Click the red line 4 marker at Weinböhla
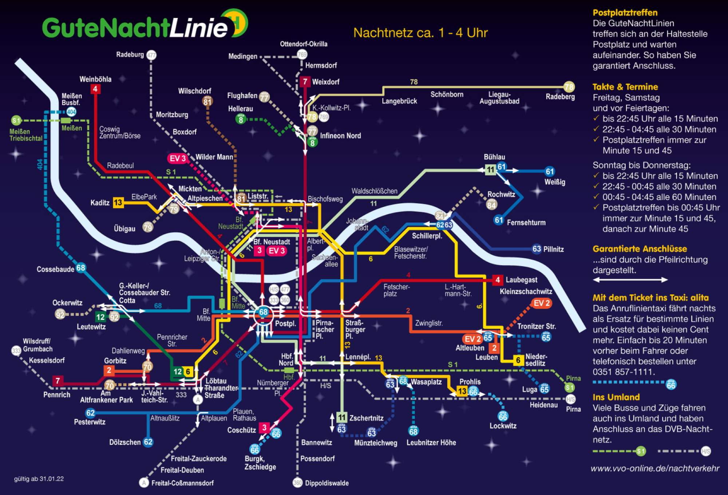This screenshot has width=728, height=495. [95, 89]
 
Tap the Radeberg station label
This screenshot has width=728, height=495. [560, 97]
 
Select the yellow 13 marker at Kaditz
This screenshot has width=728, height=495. [118, 203]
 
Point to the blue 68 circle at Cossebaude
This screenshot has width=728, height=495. [80, 268]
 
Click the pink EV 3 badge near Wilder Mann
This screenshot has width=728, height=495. [177, 158]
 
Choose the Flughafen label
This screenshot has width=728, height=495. [242, 95]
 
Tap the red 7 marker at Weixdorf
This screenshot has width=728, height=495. [305, 82]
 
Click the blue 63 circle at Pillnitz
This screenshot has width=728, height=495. [537, 249]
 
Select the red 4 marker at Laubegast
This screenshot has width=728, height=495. [498, 280]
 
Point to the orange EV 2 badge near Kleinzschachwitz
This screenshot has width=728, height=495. [542, 303]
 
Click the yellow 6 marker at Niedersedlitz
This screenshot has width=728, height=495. [518, 360]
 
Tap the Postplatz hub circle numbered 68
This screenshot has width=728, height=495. [263, 312]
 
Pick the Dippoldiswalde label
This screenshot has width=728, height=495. [327, 483]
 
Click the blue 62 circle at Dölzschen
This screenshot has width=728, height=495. [148, 442]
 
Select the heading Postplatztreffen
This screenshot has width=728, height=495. [625, 13]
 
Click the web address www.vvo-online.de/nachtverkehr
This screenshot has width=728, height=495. [655, 468]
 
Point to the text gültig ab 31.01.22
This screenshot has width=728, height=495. [39, 479]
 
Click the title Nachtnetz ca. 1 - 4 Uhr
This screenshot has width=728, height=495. [420, 33]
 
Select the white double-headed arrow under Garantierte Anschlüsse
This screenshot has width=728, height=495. [630, 280]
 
